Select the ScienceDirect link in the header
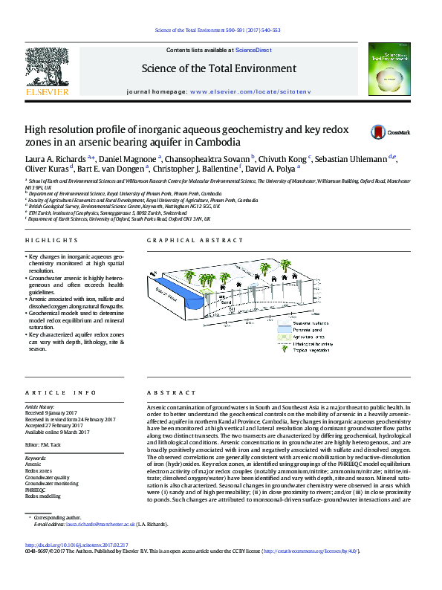[x=253, y=50]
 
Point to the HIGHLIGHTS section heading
[x=51, y=241]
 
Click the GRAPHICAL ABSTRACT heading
[x=195, y=241]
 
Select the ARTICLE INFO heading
[x=61, y=392]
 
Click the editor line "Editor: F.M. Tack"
[x=48, y=444]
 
